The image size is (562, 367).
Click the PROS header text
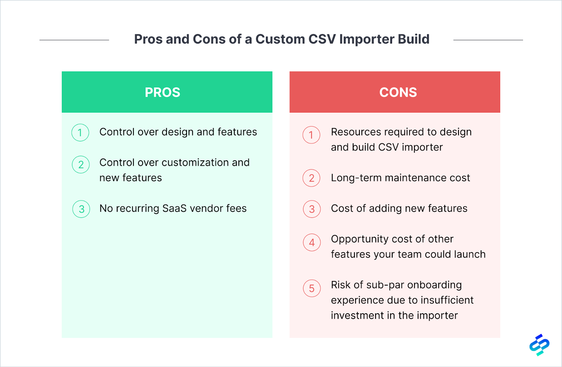pyautogui.click(x=162, y=92)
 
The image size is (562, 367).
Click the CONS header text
pyautogui.click(x=398, y=92)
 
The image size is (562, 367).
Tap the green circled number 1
pyautogui.click(x=80, y=133)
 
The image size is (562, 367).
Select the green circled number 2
pyautogui.click(x=81, y=165)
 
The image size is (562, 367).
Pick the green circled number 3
pyautogui.click(x=81, y=209)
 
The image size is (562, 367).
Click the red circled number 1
pyautogui.click(x=311, y=135)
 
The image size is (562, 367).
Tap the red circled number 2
pyautogui.click(x=311, y=178)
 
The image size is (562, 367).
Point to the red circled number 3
pyautogui.click(x=312, y=209)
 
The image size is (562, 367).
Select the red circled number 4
pyautogui.click(x=312, y=242)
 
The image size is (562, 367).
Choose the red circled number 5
pyautogui.click(x=312, y=288)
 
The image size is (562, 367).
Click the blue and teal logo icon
pyautogui.click(x=539, y=345)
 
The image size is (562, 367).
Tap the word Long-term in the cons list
pyautogui.click(x=356, y=178)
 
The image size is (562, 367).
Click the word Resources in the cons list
pyautogui.click(x=356, y=132)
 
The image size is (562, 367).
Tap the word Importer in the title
pyautogui.click(x=367, y=39)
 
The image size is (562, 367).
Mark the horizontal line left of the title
pyautogui.click(x=74, y=40)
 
